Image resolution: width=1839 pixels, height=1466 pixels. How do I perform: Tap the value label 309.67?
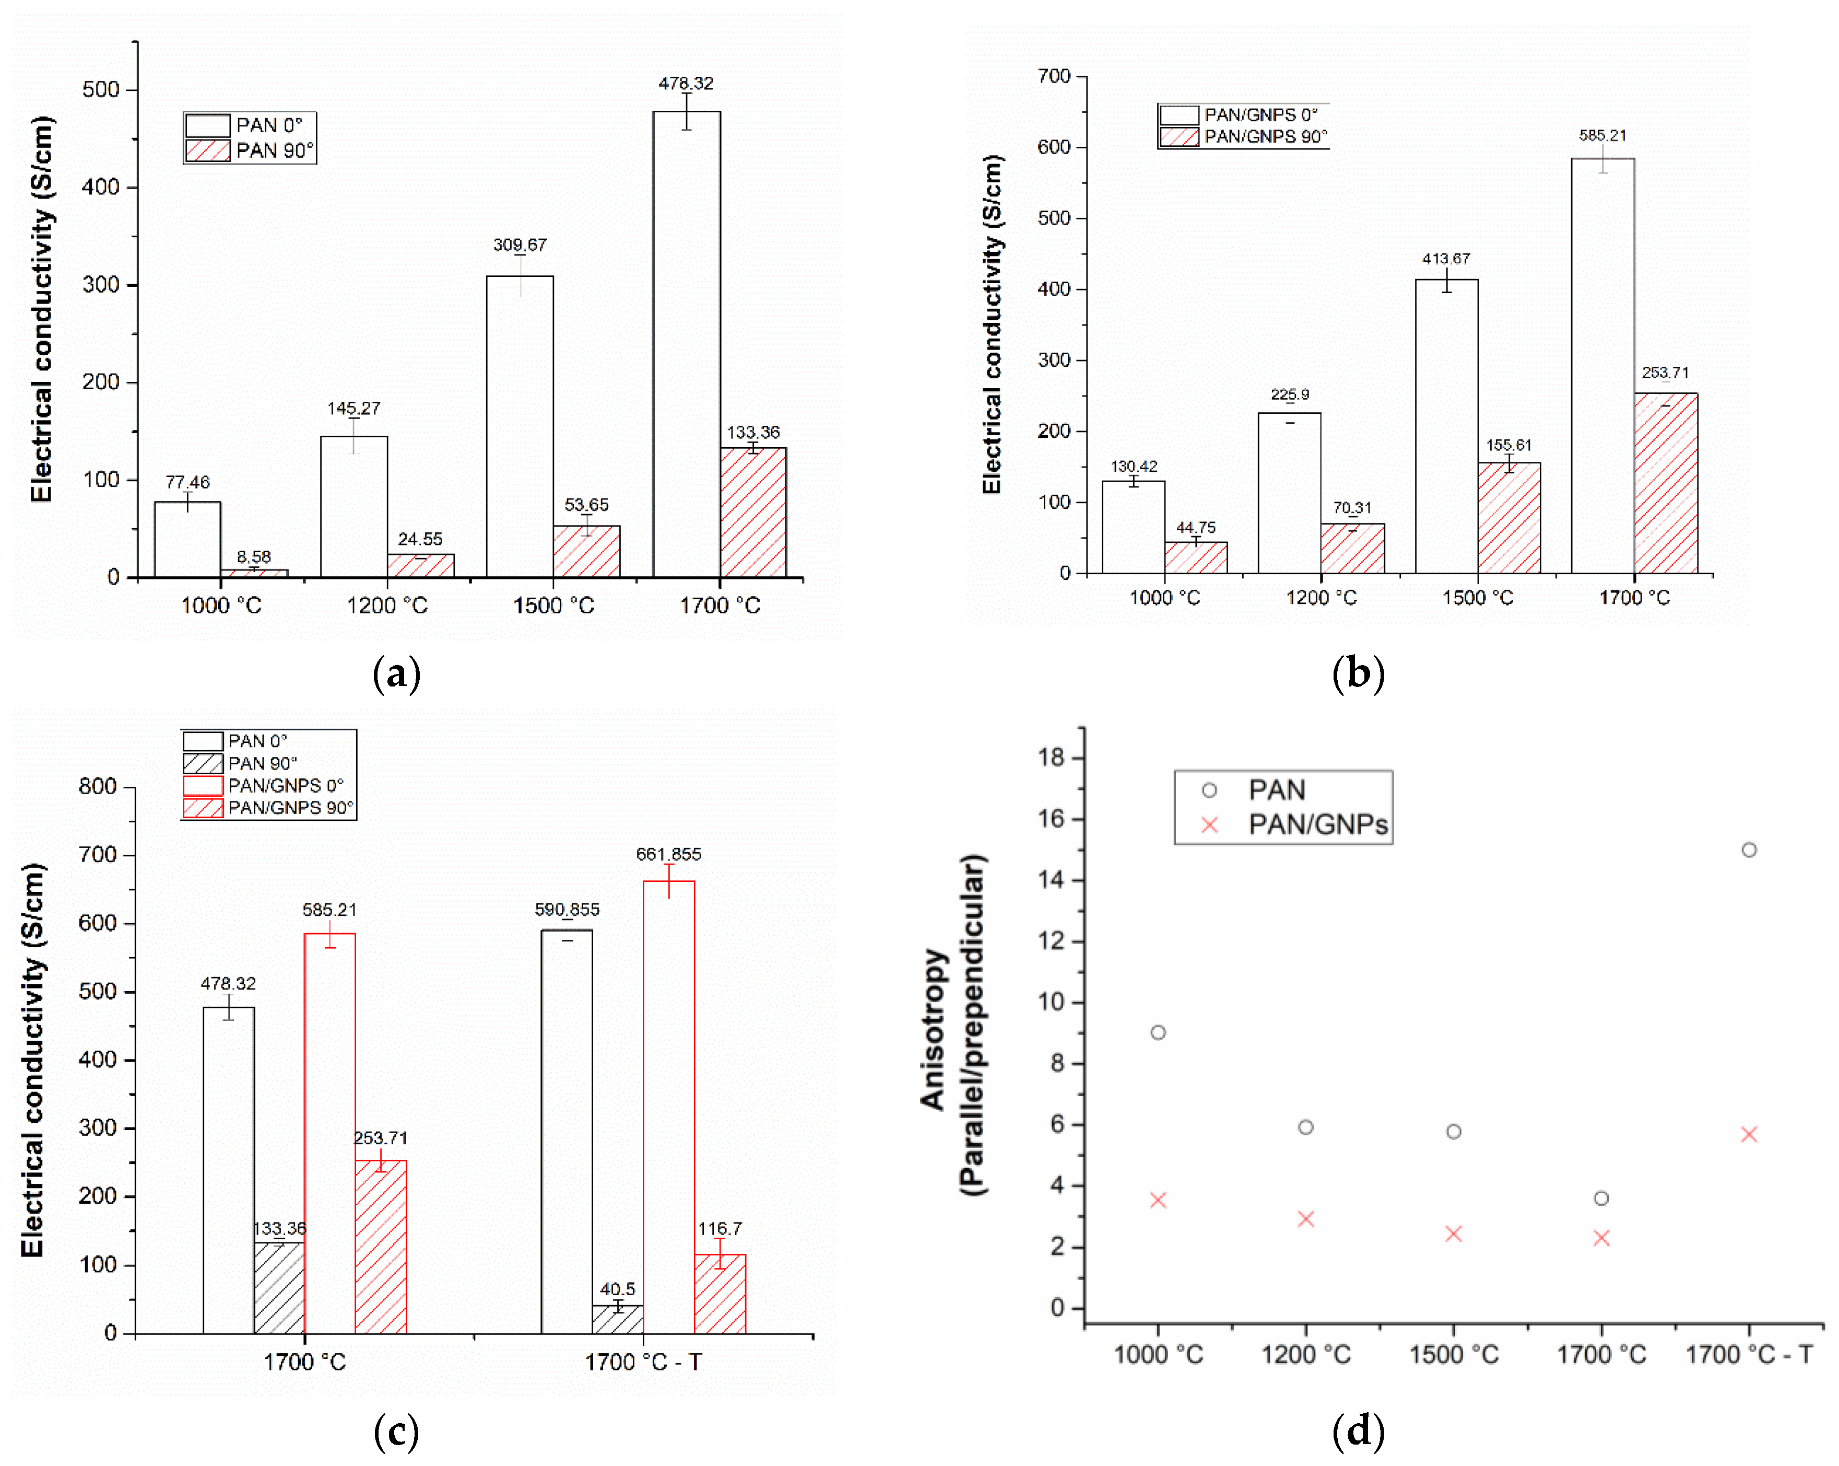[x=520, y=245]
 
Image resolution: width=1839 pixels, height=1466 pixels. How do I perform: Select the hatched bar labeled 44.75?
[x=1195, y=557]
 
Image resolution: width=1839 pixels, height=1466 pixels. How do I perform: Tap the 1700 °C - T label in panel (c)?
[x=643, y=1362]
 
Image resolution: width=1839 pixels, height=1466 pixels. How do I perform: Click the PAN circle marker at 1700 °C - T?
[x=1749, y=850]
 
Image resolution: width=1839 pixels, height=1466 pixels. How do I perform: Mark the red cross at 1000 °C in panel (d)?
[x=1158, y=1200]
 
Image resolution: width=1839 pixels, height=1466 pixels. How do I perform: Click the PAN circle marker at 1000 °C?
[x=1158, y=1032]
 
